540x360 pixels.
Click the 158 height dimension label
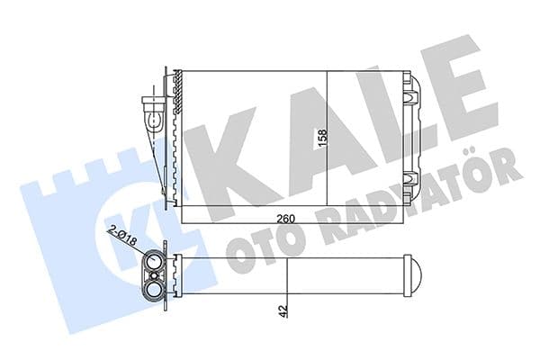pos(320,139)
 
